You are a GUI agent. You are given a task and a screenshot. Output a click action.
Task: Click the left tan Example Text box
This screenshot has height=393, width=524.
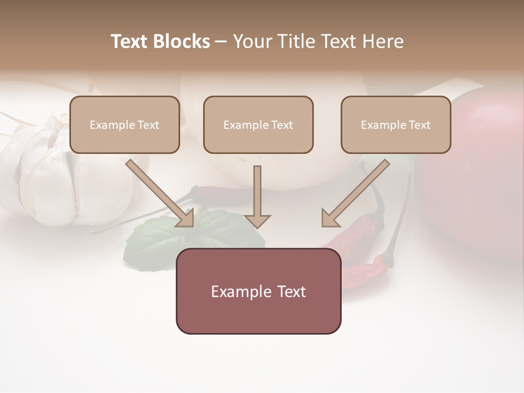[124, 124]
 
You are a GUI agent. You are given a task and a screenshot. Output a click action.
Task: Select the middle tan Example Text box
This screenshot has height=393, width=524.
[258, 124]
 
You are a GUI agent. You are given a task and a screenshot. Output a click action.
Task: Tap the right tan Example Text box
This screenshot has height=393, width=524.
[396, 124]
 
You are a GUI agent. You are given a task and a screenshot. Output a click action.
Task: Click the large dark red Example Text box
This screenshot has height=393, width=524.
[258, 291]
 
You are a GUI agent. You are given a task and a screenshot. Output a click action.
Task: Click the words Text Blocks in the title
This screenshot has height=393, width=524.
[160, 41]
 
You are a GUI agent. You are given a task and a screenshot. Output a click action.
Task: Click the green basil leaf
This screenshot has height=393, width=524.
[153, 240]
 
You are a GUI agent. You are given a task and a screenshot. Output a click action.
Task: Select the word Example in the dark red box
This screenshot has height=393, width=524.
[239, 291]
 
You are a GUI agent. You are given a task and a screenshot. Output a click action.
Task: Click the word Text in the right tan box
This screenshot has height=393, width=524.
[420, 125]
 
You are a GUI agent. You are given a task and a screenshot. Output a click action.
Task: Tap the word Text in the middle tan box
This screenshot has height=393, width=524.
[282, 125]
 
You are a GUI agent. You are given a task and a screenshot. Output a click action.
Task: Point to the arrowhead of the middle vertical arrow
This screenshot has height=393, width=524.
[257, 221]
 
